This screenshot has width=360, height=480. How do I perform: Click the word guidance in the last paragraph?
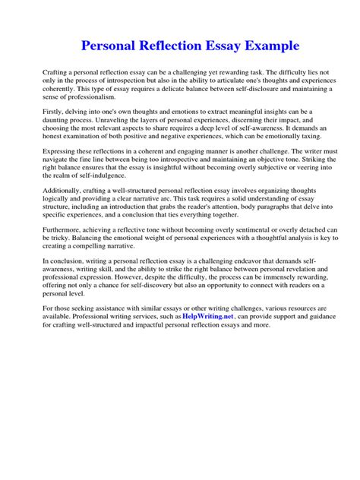coord(294,315)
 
